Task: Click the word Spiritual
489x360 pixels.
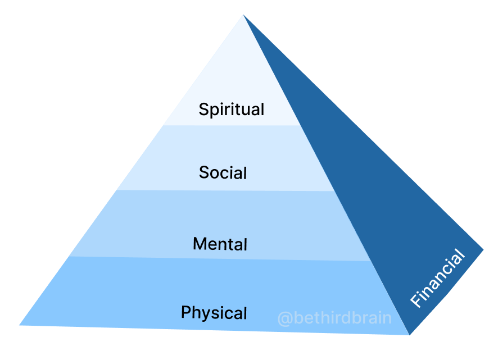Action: [231, 109]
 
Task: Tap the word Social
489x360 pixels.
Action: [223, 172]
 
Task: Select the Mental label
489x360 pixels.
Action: [220, 244]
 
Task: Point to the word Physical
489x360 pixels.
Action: [214, 312]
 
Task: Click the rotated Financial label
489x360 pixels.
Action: [437, 279]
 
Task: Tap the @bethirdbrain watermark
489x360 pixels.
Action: [334, 318]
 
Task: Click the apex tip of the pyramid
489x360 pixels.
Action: [243, 15]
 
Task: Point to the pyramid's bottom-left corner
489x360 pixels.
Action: [20, 325]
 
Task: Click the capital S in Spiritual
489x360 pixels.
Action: [203, 109]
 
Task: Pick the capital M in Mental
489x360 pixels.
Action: [200, 244]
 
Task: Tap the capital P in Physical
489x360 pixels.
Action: [186, 312]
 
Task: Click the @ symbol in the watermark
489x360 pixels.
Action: [284, 318]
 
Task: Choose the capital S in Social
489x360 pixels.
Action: [204, 172]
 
